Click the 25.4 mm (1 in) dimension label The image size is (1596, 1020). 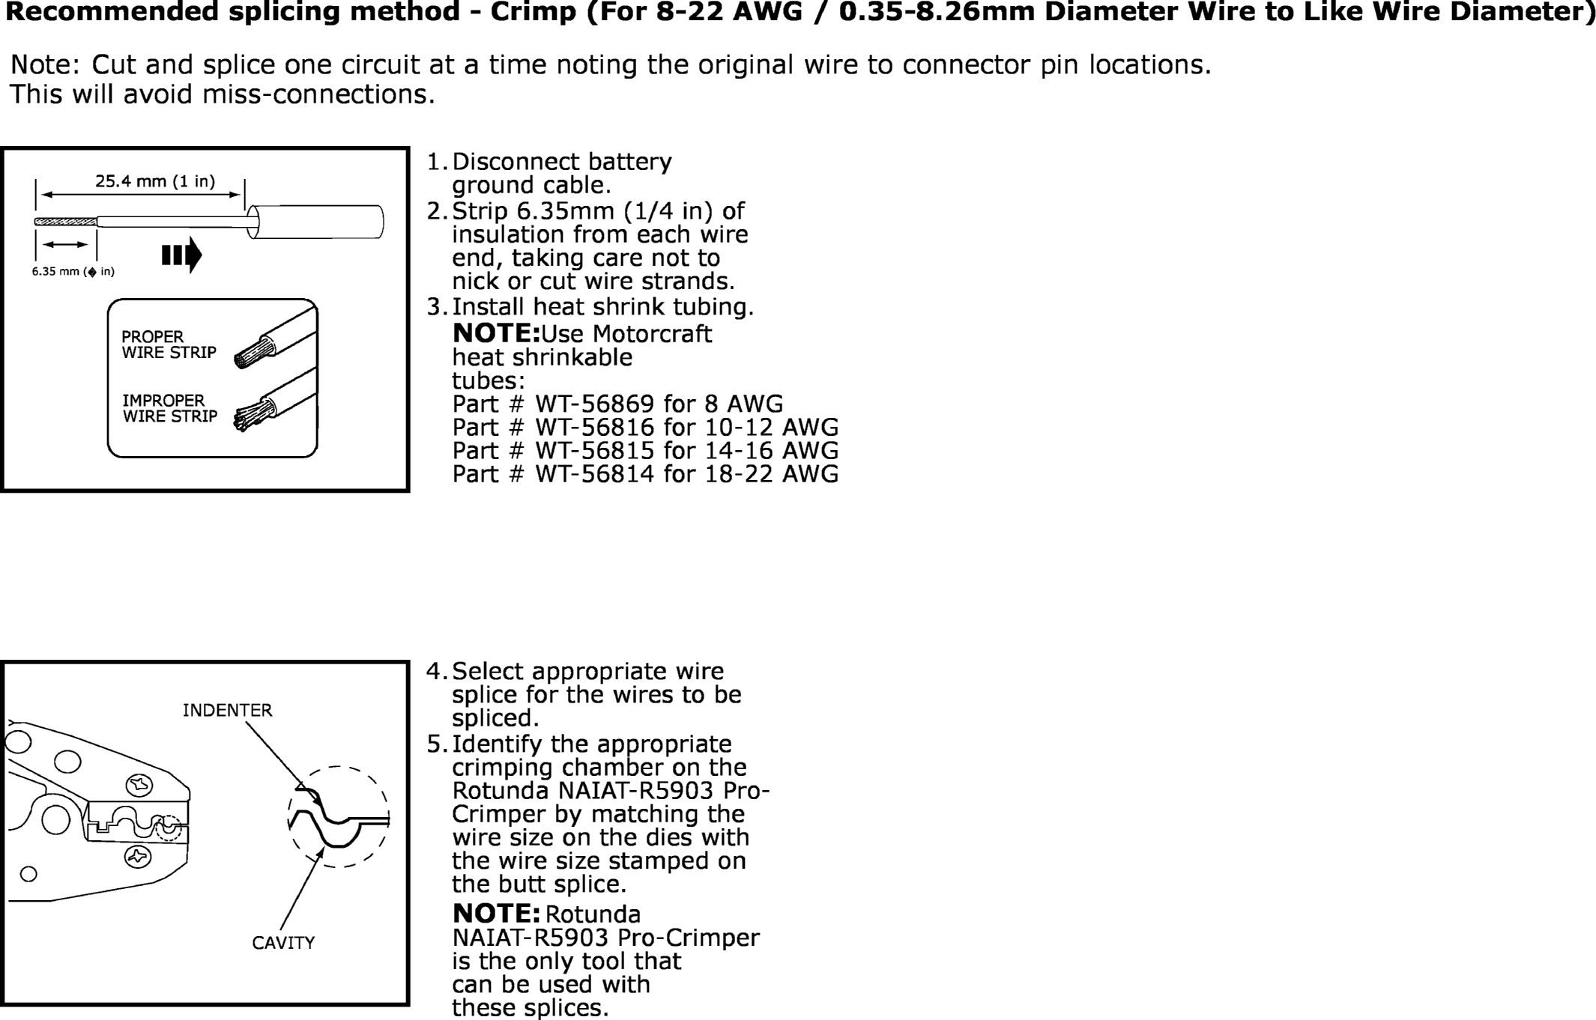[x=154, y=181]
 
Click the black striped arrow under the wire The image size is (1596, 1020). [x=182, y=255]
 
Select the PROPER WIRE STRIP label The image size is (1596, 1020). [x=169, y=344]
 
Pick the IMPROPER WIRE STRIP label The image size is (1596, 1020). [x=169, y=408]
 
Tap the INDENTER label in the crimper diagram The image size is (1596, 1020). [x=227, y=710]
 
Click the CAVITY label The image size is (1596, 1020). [x=283, y=943]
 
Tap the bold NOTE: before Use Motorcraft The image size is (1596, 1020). [x=496, y=333]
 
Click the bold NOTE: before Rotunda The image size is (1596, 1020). [x=496, y=914]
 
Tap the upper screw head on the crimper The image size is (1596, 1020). [x=139, y=785]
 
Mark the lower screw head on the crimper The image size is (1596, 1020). [x=138, y=856]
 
